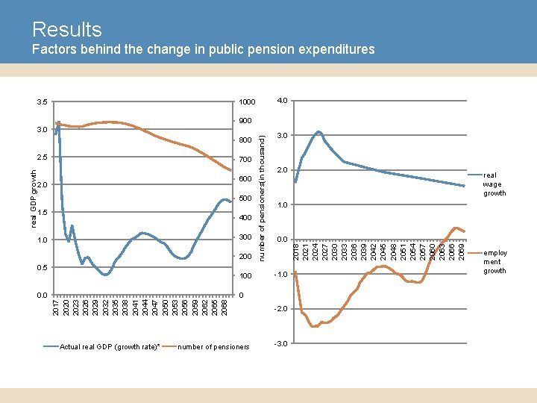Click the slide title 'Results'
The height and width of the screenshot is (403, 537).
tap(66, 30)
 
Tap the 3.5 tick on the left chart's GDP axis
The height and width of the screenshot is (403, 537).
tap(41, 101)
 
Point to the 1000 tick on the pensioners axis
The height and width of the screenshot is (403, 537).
tap(247, 101)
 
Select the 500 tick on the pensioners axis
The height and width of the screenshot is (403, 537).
tap(245, 199)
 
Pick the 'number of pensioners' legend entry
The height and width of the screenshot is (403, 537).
tap(215, 346)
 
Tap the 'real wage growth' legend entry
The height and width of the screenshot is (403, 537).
tap(494, 184)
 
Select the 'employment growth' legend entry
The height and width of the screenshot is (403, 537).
tap(494, 262)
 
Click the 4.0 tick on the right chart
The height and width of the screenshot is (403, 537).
tap(281, 100)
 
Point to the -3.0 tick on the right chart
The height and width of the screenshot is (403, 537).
tap(280, 343)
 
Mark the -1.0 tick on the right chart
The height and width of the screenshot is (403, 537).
tap(280, 274)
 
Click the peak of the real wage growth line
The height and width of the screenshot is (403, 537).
tap(318, 132)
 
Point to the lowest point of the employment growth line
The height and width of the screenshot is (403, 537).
tap(314, 326)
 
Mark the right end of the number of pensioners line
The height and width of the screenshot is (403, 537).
tap(230, 171)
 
